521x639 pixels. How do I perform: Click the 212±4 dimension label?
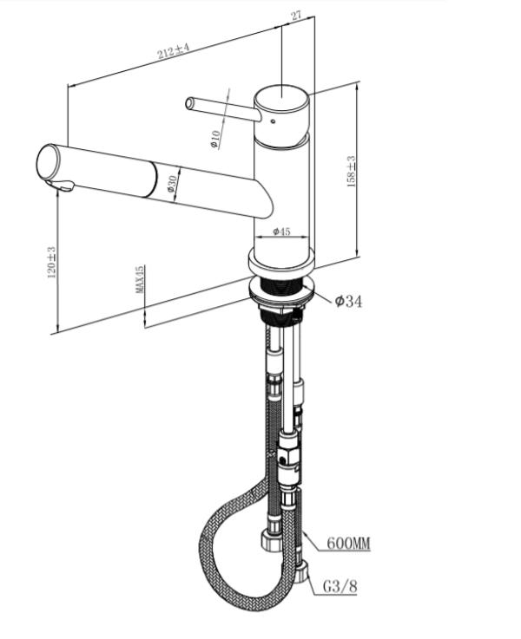tap(174, 50)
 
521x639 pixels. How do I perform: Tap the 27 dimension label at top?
tap(296, 16)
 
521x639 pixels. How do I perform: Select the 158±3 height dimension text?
tap(351, 171)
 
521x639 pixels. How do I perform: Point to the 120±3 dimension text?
tap(51, 262)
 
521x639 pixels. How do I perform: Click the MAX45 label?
tap(140, 279)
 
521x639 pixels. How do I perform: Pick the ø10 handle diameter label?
tap(214, 139)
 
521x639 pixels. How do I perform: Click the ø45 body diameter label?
tap(281, 231)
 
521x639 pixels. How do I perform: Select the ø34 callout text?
tap(348, 301)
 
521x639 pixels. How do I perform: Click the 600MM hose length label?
tap(349, 544)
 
